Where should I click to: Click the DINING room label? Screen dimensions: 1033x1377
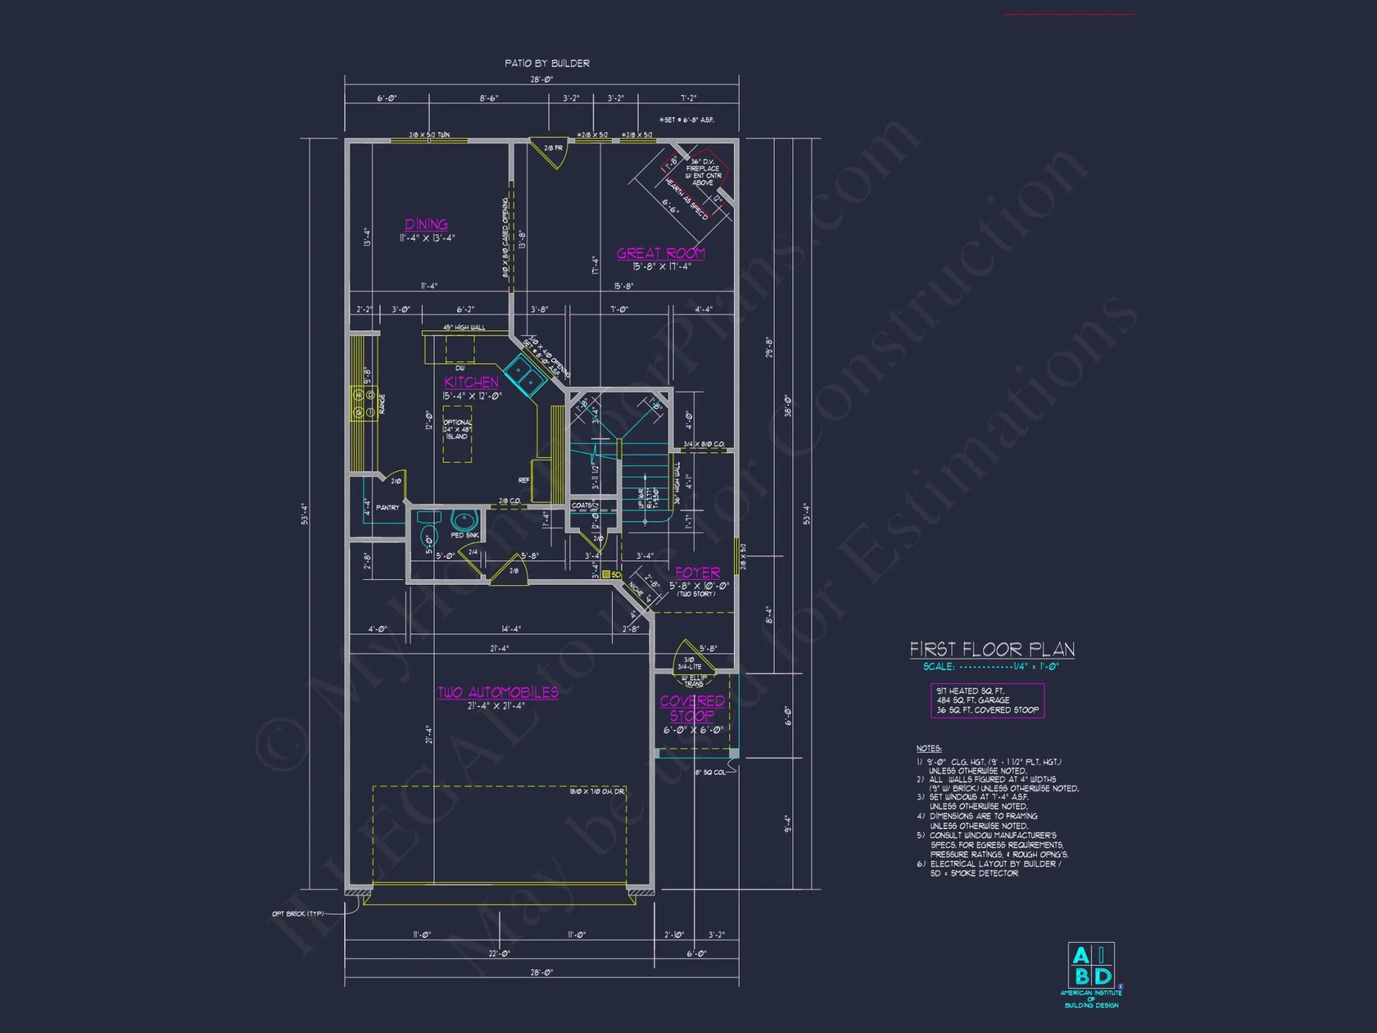[426, 225]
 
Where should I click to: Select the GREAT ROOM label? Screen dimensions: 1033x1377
[660, 253]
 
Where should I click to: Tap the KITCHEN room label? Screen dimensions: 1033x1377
[472, 382]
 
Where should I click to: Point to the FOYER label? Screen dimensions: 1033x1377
[697, 573]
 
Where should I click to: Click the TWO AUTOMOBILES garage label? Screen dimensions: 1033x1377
[498, 693]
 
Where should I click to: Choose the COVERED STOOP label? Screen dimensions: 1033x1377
[692, 708]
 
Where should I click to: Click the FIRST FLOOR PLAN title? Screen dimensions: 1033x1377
[991, 649]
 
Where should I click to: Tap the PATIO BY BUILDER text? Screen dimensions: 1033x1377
[547, 63]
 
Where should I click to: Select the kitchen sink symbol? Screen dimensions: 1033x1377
[527, 375]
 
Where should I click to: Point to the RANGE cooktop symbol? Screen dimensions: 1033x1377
[364, 404]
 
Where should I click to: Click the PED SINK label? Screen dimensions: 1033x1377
[465, 535]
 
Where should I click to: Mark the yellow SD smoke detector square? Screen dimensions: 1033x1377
[606, 574]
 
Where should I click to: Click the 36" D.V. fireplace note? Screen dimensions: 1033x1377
[703, 172]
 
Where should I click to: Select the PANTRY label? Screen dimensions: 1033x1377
[388, 508]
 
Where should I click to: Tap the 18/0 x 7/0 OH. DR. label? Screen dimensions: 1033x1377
[597, 791]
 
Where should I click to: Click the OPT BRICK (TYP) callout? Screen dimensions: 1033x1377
[297, 914]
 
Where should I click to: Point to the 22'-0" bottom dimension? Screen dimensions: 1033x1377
[499, 954]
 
